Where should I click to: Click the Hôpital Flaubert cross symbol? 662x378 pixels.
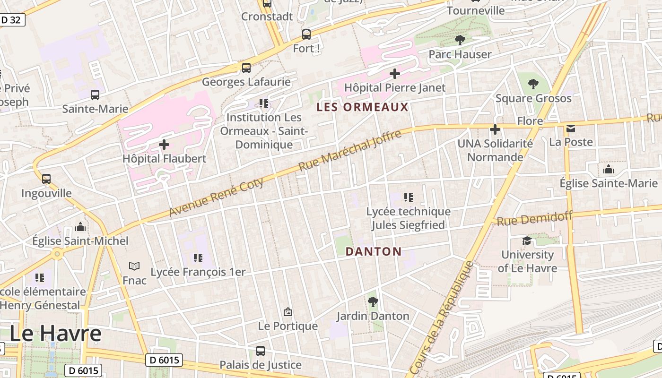point(164,144)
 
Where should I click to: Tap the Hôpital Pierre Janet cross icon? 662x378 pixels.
point(394,74)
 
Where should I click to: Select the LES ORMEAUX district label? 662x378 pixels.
point(362,107)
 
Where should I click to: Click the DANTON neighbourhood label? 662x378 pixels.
point(374,251)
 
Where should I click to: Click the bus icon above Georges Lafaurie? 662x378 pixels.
point(246,68)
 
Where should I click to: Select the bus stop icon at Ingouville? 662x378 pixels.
point(46,179)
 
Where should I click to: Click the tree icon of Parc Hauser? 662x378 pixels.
point(460,40)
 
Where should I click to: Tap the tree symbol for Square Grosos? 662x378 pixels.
point(533,84)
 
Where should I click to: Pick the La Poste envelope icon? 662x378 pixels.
point(571,128)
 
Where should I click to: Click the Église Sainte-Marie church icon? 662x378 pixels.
point(608,169)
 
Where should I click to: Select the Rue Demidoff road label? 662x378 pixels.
point(534,219)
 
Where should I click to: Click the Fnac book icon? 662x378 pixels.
point(134,266)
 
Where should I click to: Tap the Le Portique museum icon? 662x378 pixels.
point(287,312)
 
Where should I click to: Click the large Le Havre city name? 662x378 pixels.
point(55,334)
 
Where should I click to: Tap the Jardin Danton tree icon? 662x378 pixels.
point(373,301)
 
